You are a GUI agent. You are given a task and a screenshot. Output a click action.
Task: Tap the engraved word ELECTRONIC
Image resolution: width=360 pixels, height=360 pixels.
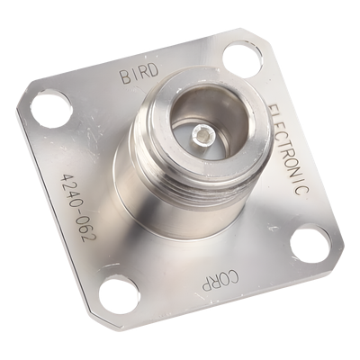[x=289, y=149]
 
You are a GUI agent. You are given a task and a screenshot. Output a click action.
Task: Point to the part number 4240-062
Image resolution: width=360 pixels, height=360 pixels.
[x=77, y=207]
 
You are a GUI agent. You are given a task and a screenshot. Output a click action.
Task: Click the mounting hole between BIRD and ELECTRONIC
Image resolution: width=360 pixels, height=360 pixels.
[x=242, y=58]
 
